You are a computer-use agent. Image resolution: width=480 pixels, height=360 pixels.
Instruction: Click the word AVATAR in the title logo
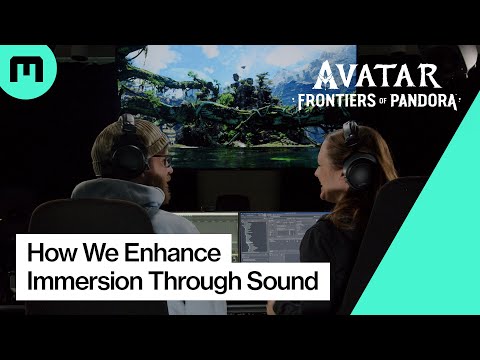(376, 76)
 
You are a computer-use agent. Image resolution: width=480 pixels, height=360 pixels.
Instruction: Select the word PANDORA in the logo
(424, 101)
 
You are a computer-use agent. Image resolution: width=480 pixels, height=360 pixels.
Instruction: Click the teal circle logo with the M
(21, 69)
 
